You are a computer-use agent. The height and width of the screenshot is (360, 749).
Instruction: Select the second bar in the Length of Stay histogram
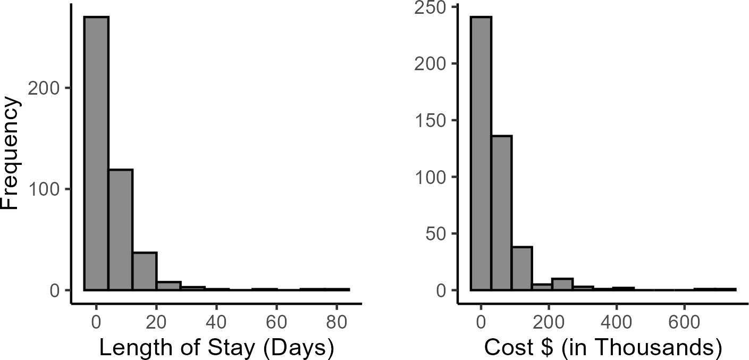pyautogui.click(x=121, y=230)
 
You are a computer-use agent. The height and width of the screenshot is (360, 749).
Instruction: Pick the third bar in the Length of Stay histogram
pyautogui.click(x=145, y=271)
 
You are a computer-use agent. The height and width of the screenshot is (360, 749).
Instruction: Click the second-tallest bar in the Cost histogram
pyautogui.click(x=501, y=213)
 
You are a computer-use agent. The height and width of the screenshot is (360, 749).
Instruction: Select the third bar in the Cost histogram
pyautogui.click(x=522, y=269)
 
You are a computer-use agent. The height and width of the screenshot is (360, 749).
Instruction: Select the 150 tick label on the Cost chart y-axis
pyautogui.click(x=435, y=120)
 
